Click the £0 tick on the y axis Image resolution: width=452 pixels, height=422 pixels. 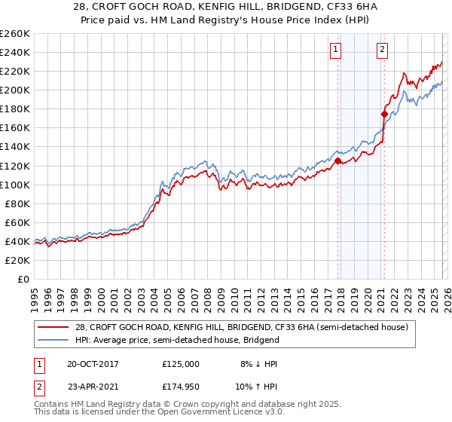click(x=23, y=279)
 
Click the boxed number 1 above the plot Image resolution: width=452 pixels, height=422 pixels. click(x=335, y=50)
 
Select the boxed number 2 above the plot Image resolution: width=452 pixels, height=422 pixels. click(x=383, y=50)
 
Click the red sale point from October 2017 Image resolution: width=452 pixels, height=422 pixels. click(x=337, y=161)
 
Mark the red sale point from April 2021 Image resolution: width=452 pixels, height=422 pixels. click(x=384, y=114)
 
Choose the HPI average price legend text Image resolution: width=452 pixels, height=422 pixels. click(x=177, y=340)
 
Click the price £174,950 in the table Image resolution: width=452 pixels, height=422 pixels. click(x=180, y=387)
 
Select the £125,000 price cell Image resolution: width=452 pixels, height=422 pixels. click(x=180, y=363)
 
